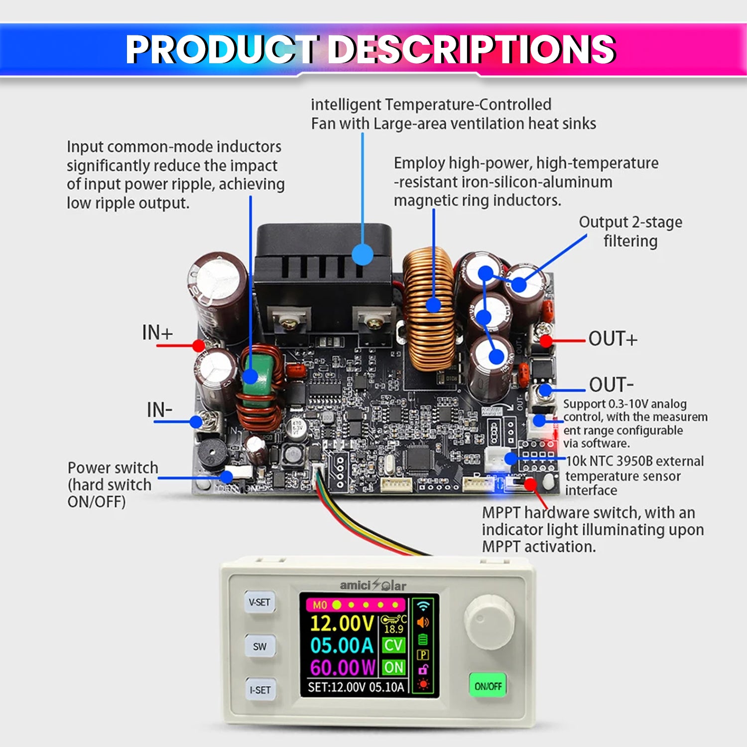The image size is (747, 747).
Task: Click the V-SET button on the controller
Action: point(259,603)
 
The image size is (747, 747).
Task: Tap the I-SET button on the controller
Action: point(260,690)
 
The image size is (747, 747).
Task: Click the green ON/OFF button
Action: point(488,686)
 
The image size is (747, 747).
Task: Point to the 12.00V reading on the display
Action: point(342,623)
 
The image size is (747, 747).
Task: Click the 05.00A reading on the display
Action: point(342,645)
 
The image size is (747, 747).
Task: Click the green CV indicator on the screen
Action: point(393,645)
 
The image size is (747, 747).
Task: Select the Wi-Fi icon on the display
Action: point(423,606)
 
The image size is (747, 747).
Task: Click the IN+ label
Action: point(157,332)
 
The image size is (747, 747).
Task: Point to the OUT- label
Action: point(611,385)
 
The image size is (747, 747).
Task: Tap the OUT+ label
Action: point(613,339)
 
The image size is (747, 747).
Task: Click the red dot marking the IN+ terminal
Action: point(199,345)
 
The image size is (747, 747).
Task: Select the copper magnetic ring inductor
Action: point(429,309)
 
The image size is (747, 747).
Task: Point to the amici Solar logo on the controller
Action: point(373,585)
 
